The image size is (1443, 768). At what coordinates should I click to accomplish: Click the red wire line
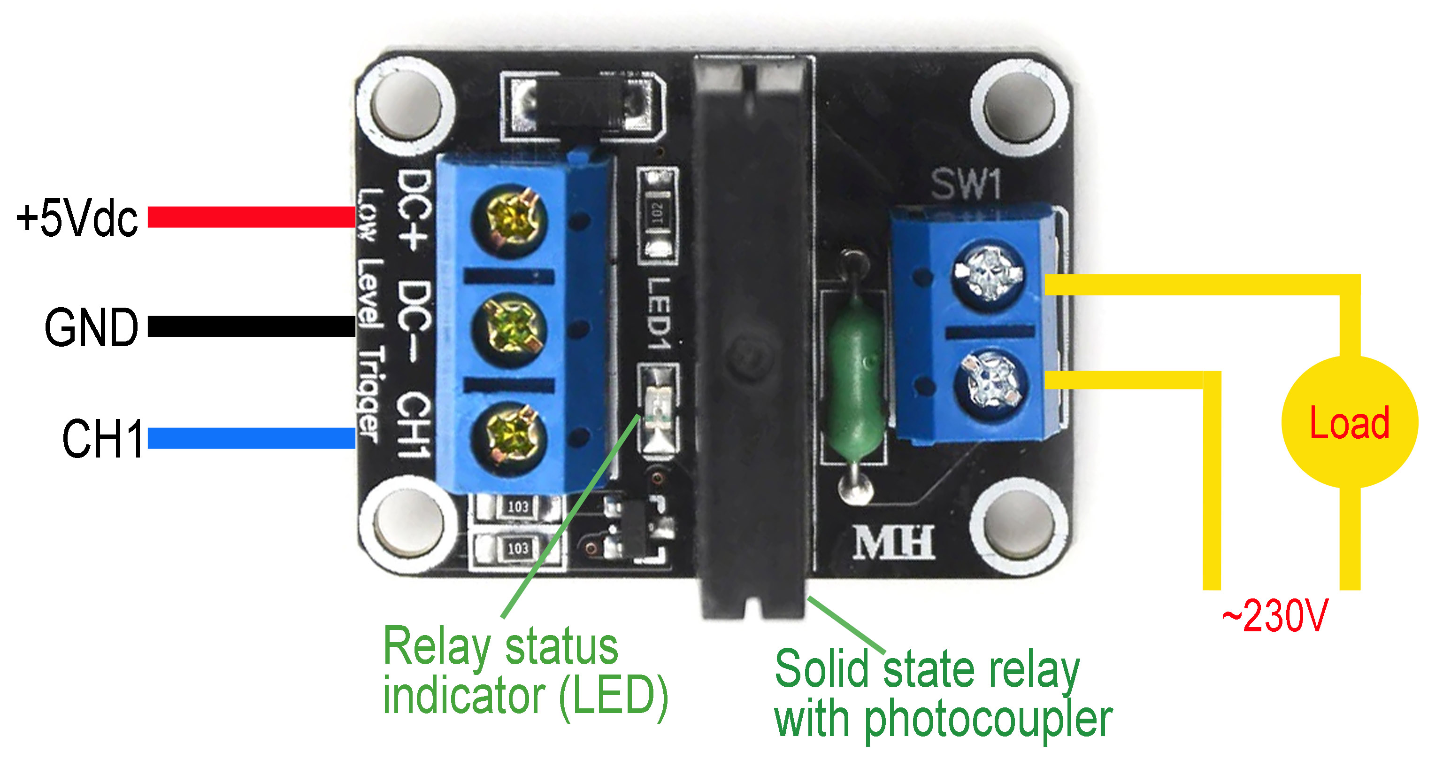pyautogui.click(x=252, y=217)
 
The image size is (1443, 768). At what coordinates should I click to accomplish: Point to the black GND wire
pyautogui.click(x=252, y=327)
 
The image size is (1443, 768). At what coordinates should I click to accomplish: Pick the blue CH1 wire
pyautogui.click(x=252, y=438)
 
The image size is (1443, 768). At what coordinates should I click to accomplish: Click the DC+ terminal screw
pyautogui.click(x=509, y=220)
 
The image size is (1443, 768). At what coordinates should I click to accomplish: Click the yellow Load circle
pyautogui.click(x=1350, y=421)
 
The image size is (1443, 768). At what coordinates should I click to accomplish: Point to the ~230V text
pyautogui.click(x=1274, y=615)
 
